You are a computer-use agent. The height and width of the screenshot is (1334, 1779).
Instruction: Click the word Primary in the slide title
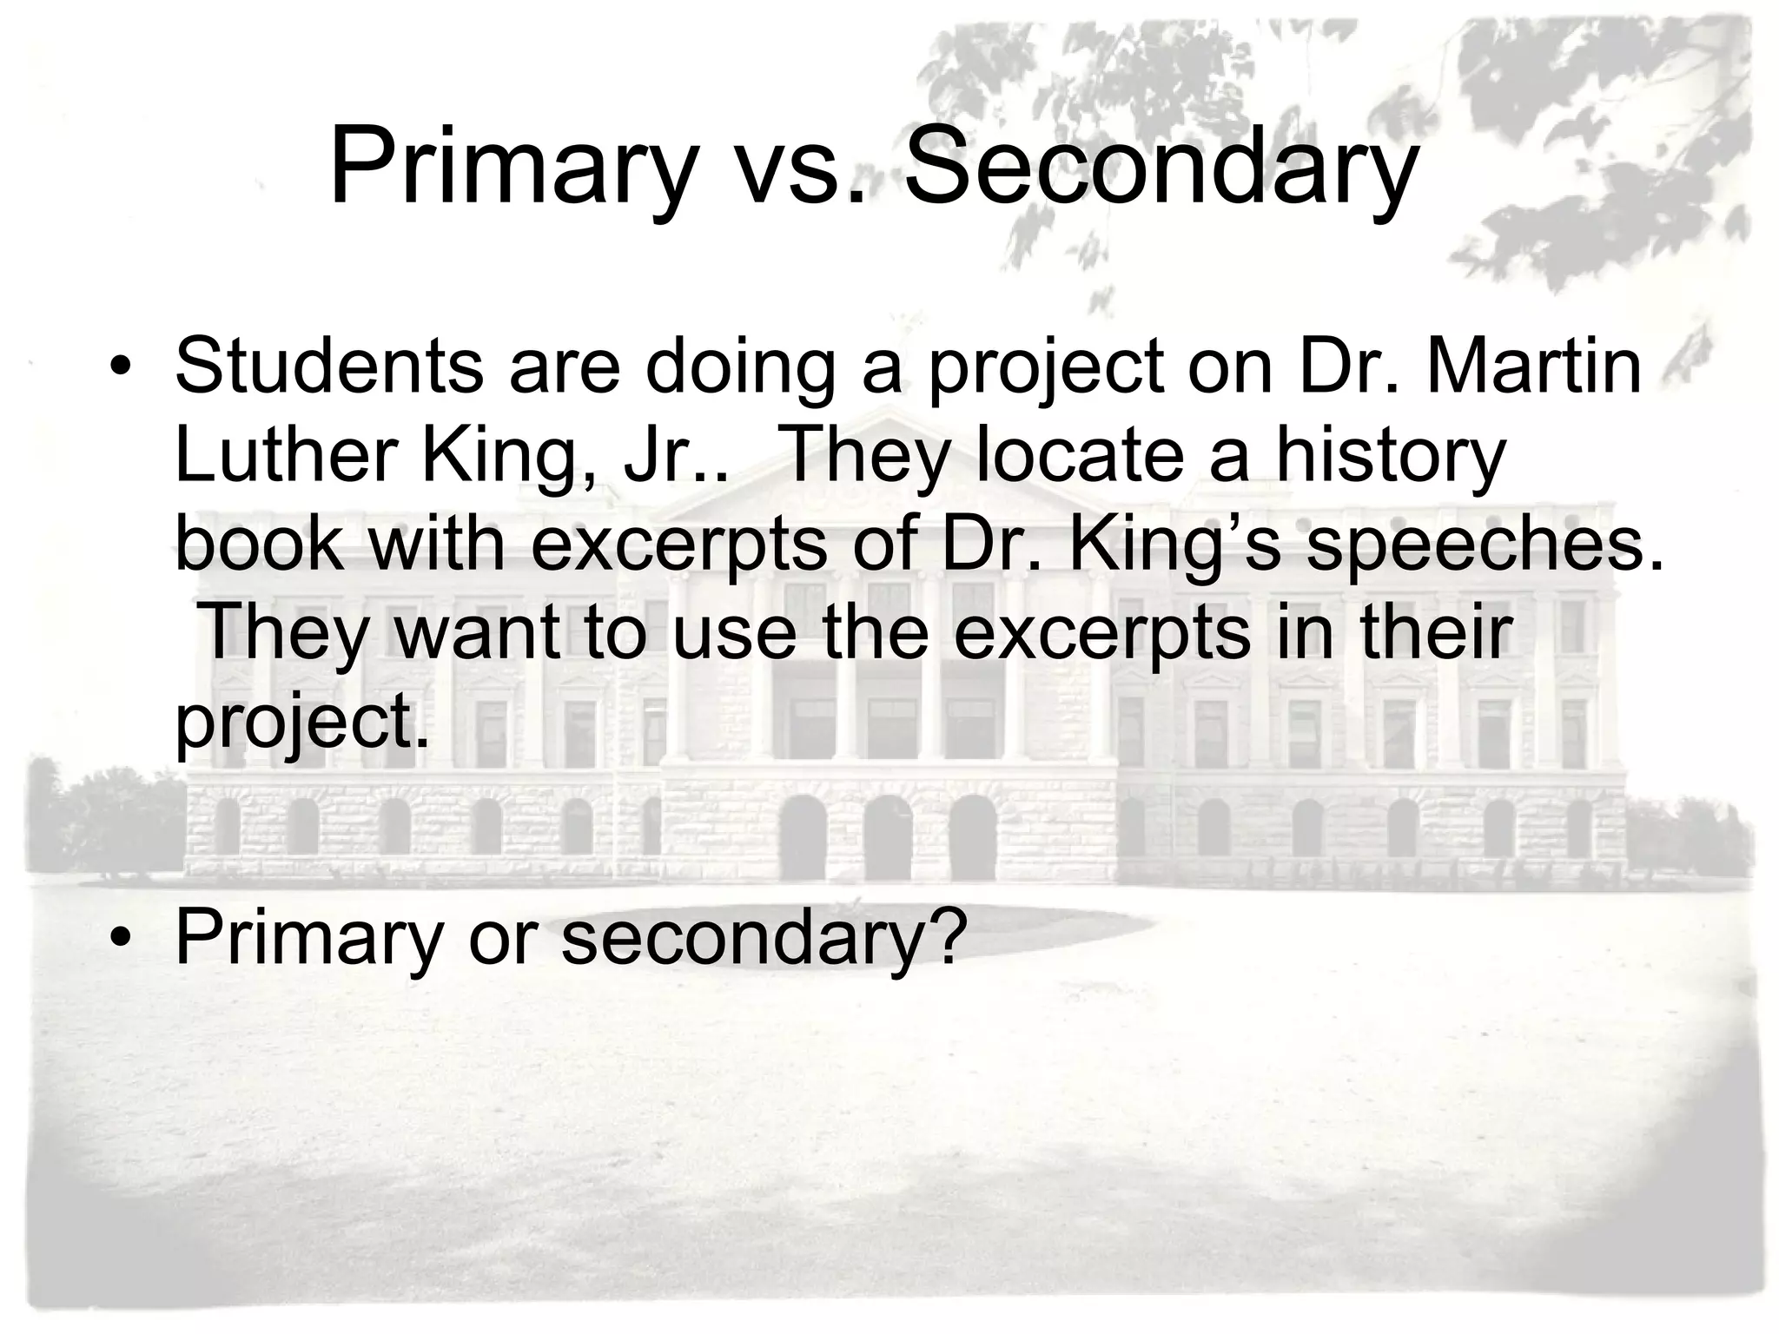(513, 167)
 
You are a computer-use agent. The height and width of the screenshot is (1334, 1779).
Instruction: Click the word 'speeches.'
(1485, 546)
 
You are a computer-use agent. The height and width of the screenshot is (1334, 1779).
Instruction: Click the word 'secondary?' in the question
(764, 941)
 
